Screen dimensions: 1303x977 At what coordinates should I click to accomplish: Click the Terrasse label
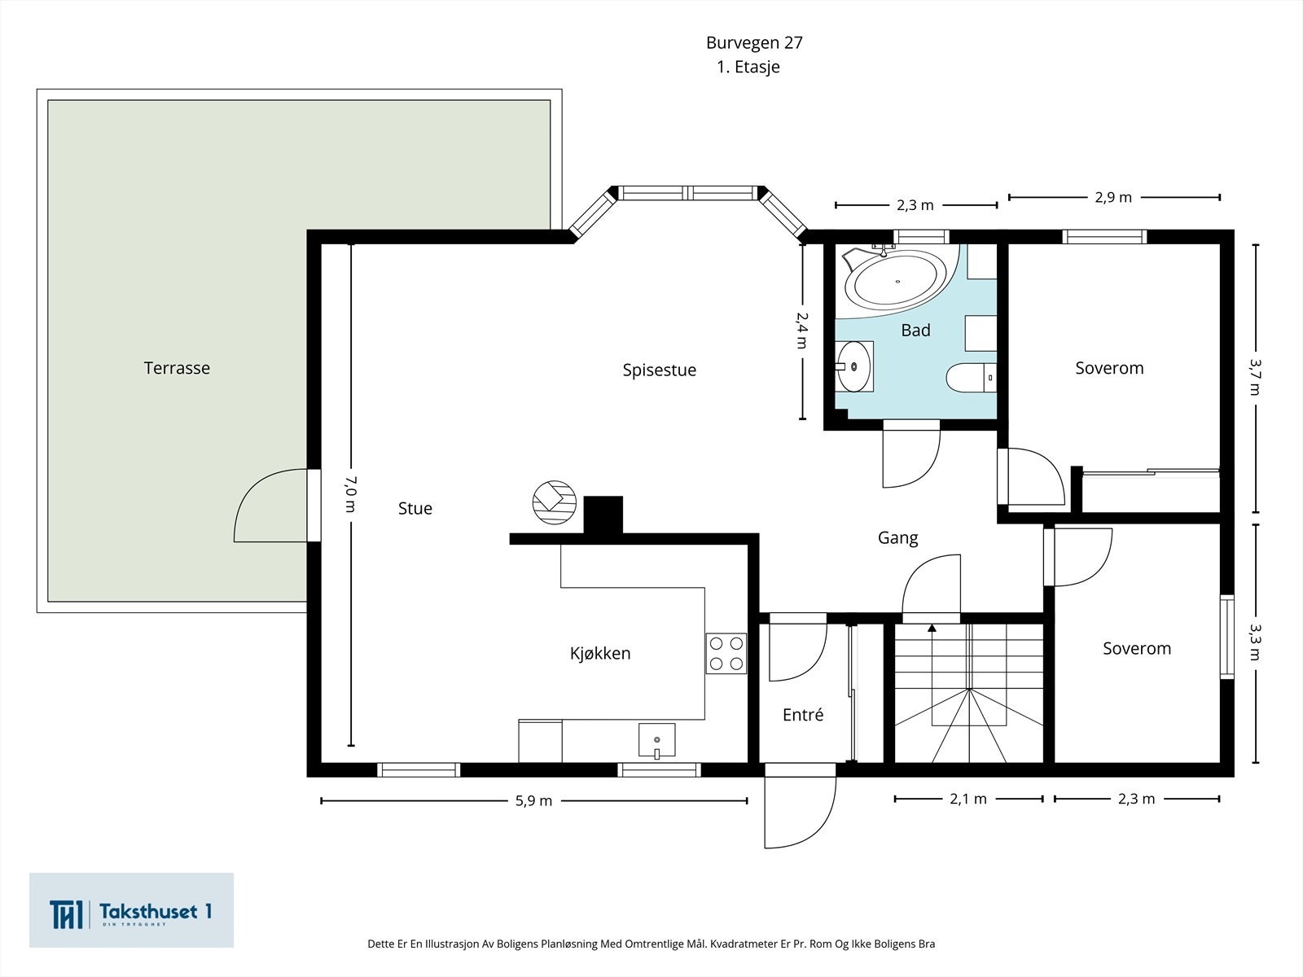pos(177,368)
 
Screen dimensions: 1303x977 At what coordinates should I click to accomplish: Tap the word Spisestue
pos(659,370)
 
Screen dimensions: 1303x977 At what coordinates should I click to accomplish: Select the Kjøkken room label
pos(600,653)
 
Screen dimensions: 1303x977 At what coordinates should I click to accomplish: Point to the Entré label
pos(803,714)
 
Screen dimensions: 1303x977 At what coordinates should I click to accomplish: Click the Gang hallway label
pos(897,538)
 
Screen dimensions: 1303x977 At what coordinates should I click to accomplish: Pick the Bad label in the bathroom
pos(915,331)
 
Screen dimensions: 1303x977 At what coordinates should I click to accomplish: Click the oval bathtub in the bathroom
pos(897,282)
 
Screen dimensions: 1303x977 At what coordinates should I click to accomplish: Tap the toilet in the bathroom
pos(972,377)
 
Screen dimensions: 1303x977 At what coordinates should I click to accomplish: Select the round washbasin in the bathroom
pos(854,366)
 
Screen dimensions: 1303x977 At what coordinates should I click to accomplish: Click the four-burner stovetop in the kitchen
pos(726,653)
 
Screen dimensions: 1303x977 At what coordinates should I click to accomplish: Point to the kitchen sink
pos(656,740)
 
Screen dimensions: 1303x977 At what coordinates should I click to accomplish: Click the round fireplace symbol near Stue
pos(555,502)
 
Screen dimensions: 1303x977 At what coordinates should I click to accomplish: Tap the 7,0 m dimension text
pos(350,494)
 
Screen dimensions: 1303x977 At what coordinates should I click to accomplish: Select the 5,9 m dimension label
pos(533,801)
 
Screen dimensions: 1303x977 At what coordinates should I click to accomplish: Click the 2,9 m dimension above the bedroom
pos(1113,198)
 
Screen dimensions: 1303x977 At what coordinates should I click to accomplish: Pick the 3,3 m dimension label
pos(1255,642)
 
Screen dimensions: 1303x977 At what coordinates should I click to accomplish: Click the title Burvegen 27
pos(754,42)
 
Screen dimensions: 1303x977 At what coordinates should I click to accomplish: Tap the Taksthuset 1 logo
pos(131,910)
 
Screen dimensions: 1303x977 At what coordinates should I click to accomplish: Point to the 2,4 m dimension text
pos(802,331)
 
